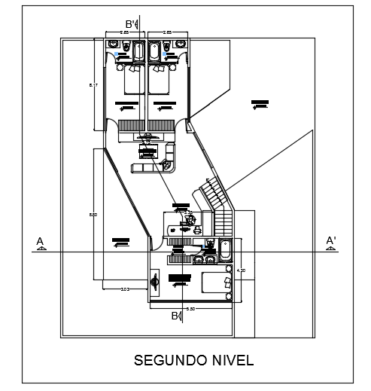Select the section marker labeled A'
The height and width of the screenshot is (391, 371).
click(x=330, y=242)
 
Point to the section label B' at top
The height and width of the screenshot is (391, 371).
click(x=130, y=23)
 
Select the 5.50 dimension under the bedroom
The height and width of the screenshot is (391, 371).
click(x=190, y=308)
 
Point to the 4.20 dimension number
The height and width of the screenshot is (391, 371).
click(x=241, y=270)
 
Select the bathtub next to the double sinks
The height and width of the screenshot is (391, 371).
click(x=225, y=249)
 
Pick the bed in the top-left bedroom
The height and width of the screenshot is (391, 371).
click(x=131, y=79)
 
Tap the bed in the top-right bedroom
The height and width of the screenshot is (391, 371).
click(x=160, y=79)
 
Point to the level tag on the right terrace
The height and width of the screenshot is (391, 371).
click(x=260, y=103)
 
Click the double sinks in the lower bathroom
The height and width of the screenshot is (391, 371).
click(x=204, y=259)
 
